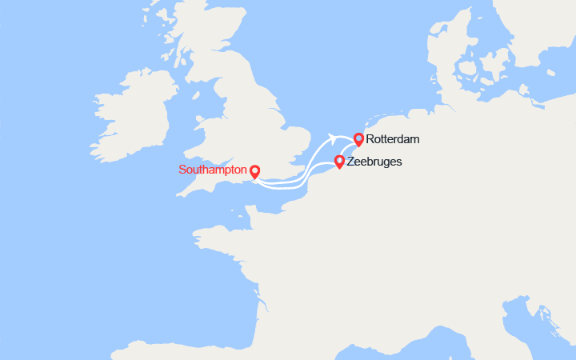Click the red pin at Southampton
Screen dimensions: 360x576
coord(254,171)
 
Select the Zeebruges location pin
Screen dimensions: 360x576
coord(339,162)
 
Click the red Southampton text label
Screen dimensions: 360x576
coord(212,170)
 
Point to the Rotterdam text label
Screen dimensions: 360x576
coord(393,140)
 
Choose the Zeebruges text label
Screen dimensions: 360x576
coord(374,162)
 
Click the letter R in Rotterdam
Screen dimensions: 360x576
coord(370,140)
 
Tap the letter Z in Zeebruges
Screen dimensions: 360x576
coord(351,162)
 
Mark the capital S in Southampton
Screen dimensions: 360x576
coord(182,170)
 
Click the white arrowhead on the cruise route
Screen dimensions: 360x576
coord(330,138)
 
